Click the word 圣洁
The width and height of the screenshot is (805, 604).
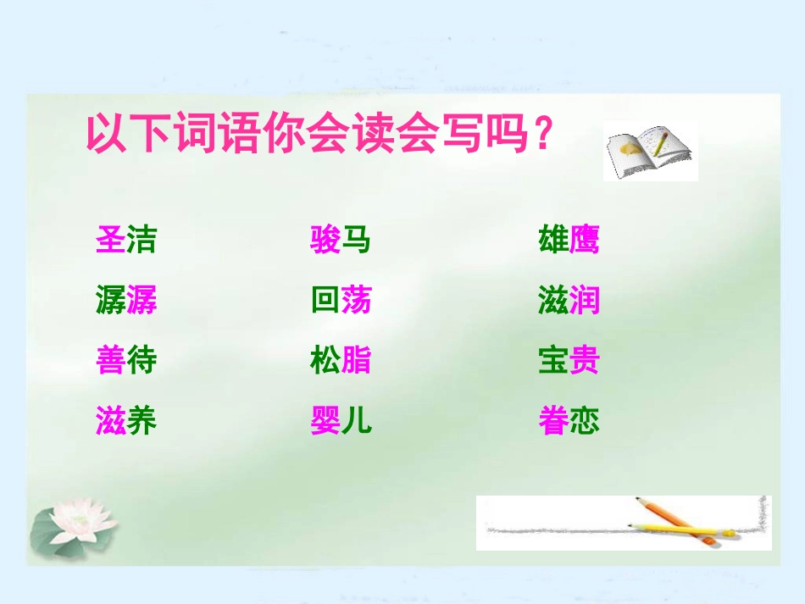pyautogui.click(x=126, y=241)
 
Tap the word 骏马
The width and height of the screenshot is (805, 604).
pyautogui.click(x=341, y=241)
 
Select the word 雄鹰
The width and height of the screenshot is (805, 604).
pyautogui.click(x=569, y=241)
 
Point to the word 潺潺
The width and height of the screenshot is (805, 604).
pyautogui.click(x=126, y=301)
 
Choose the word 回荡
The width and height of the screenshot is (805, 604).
pyautogui.click(x=341, y=301)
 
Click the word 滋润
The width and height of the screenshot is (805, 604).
pyautogui.click(x=569, y=301)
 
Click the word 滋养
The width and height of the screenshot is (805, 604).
pyautogui.click(x=126, y=421)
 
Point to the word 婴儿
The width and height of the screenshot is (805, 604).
pyautogui.click(x=341, y=421)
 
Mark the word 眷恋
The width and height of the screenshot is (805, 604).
pyautogui.click(x=569, y=421)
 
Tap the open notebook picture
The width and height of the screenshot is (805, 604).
pyautogui.click(x=650, y=152)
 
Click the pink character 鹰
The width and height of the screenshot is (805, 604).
pyautogui.click(x=585, y=241)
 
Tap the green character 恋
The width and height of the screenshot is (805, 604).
pyautogui.click(x=585, y=421)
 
